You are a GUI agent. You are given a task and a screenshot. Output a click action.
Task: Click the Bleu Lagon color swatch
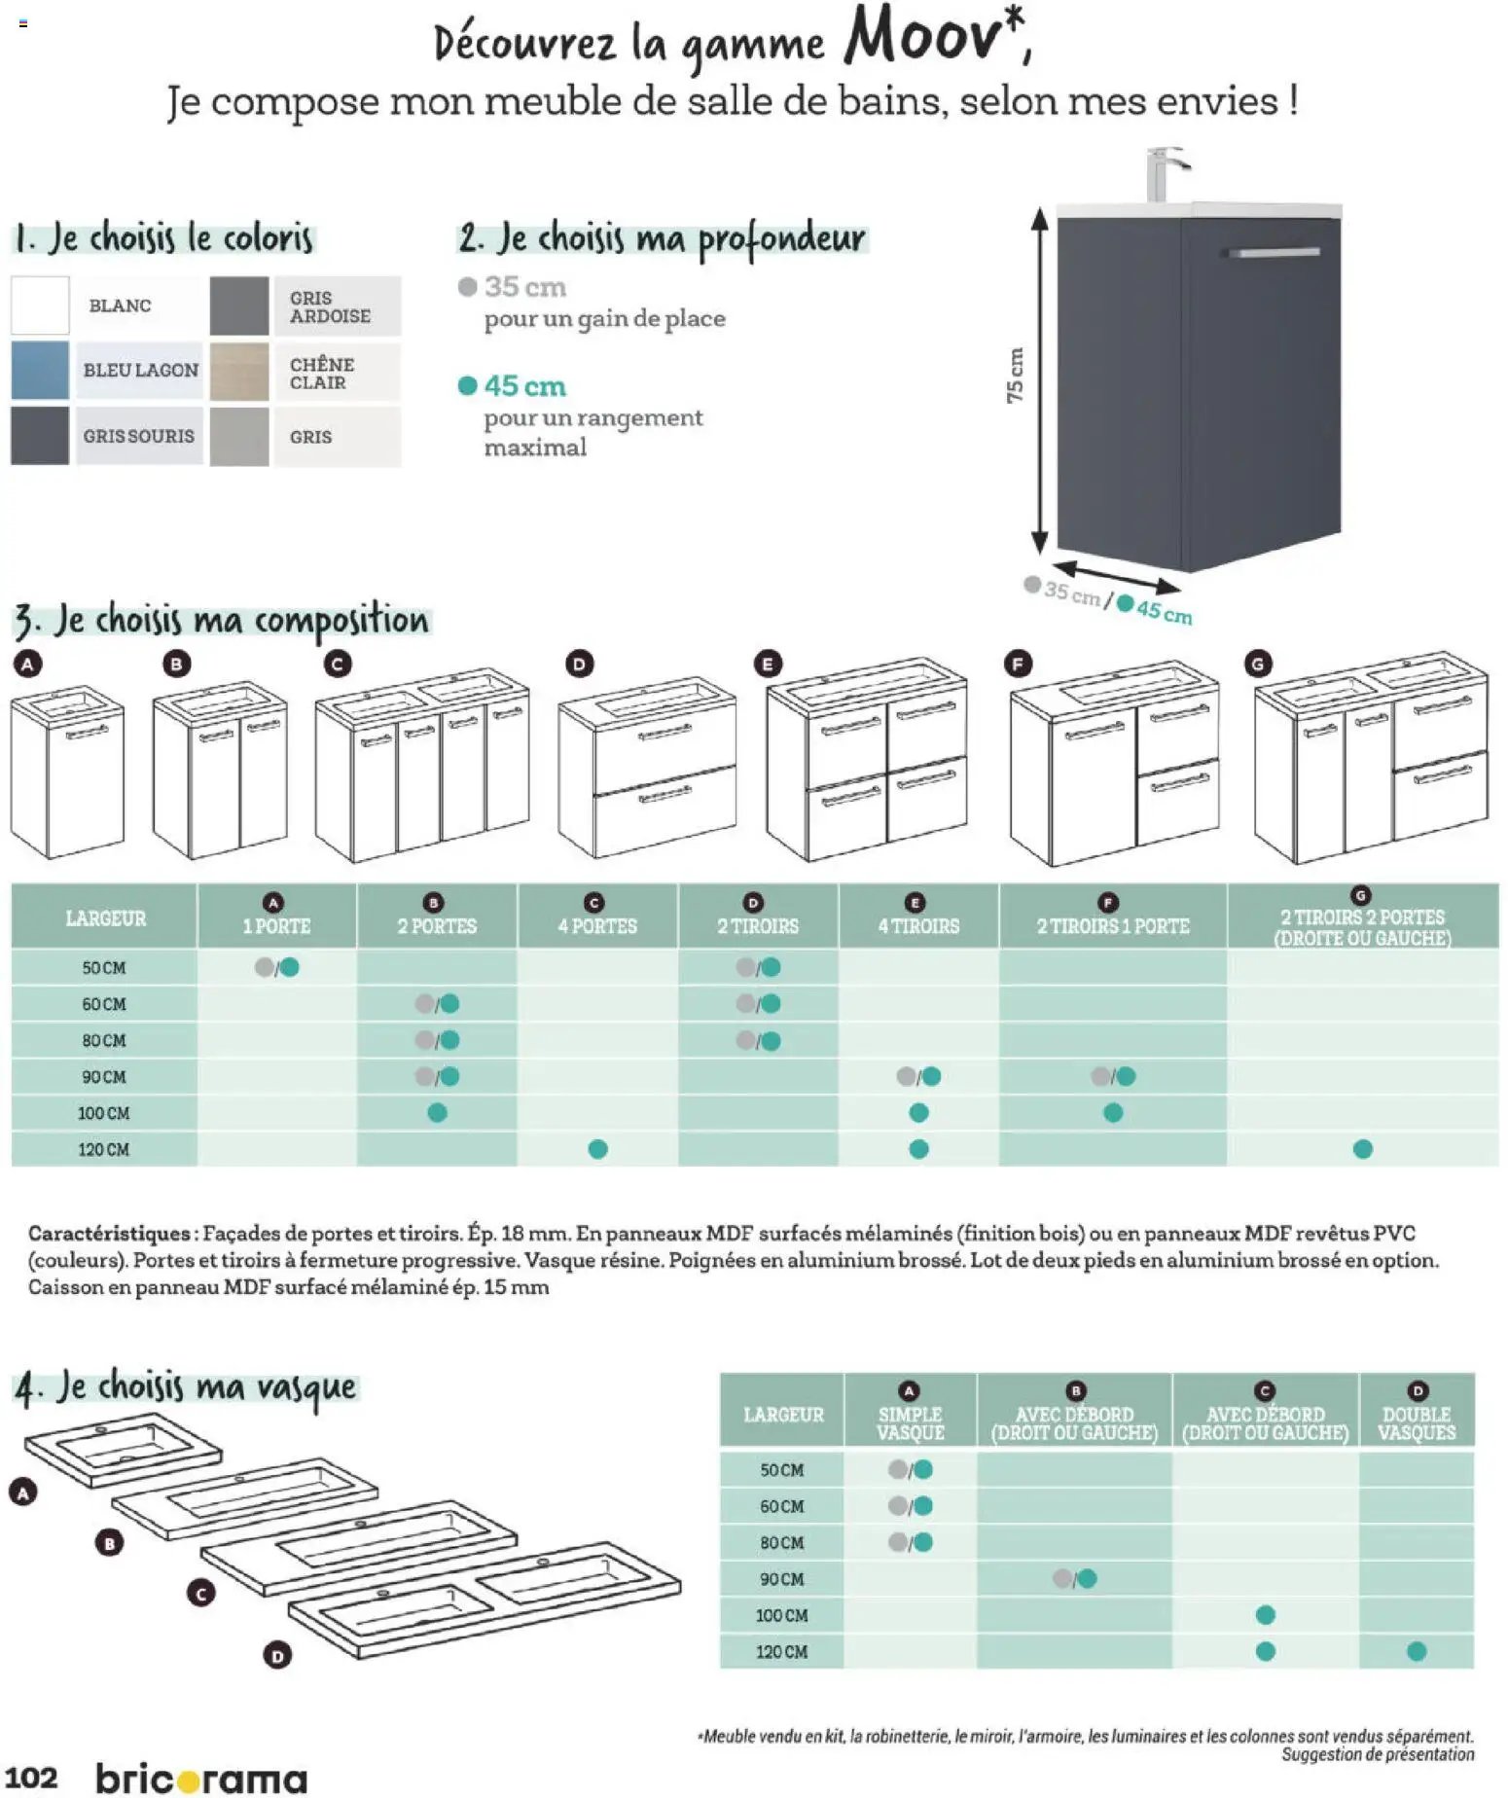(40, 370)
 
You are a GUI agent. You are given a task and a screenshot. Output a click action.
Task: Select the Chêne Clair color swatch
(238, 371)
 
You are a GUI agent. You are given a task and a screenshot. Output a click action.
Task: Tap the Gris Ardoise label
(330, 307)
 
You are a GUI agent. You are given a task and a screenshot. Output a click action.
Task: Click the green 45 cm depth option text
(524, 386)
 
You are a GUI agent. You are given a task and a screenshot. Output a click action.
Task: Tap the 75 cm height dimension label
(1015, 376)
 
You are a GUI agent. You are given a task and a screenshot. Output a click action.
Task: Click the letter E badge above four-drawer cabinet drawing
(768, 664)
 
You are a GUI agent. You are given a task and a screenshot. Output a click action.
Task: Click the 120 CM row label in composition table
(103, 1149)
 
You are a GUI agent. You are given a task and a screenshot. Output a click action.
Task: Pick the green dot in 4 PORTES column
(597, 1149)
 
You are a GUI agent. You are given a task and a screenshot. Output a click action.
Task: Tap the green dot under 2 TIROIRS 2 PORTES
(1362, 1149)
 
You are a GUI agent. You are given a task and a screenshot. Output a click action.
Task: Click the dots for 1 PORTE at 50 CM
(277, 967)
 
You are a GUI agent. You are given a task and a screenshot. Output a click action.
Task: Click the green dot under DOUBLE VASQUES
(1417, 1651)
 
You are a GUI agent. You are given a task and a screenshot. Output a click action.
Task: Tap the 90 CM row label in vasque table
(781, 1579)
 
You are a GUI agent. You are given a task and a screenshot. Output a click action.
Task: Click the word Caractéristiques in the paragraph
(109, 1234)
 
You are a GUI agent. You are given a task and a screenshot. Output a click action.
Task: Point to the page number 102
(31, 1778)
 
